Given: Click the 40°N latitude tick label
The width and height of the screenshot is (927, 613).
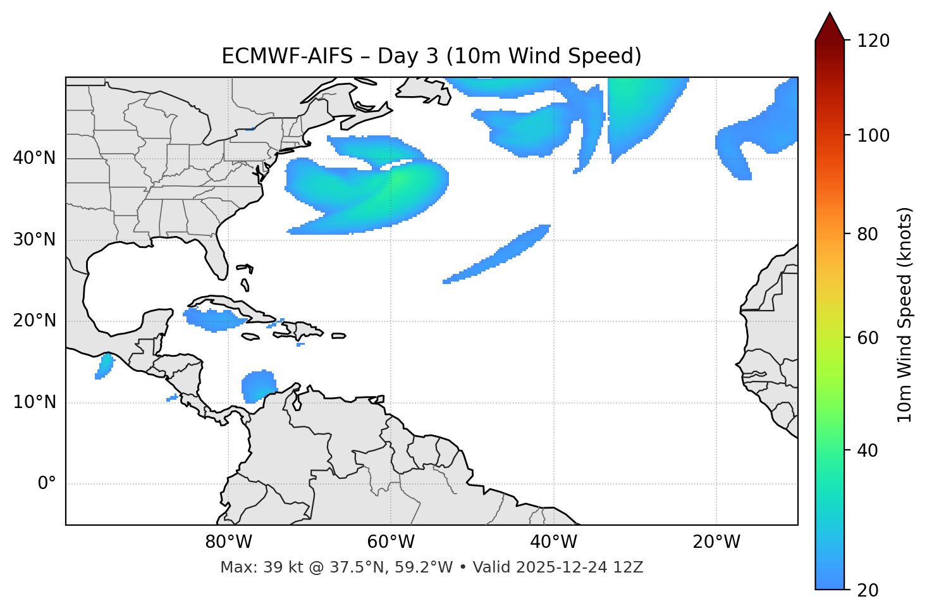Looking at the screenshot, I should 34,158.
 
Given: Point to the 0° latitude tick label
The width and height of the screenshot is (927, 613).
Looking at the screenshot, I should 46,484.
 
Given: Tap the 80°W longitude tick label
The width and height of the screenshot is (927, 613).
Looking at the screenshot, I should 228,542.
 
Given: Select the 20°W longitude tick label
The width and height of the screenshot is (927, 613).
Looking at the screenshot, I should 716,542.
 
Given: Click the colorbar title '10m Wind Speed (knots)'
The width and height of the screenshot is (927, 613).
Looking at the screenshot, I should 904,314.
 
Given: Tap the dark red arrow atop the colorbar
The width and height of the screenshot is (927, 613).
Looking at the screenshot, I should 830,27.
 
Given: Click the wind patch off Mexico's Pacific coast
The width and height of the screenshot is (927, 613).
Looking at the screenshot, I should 104,366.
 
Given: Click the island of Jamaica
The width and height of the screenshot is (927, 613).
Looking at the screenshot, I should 250,337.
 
